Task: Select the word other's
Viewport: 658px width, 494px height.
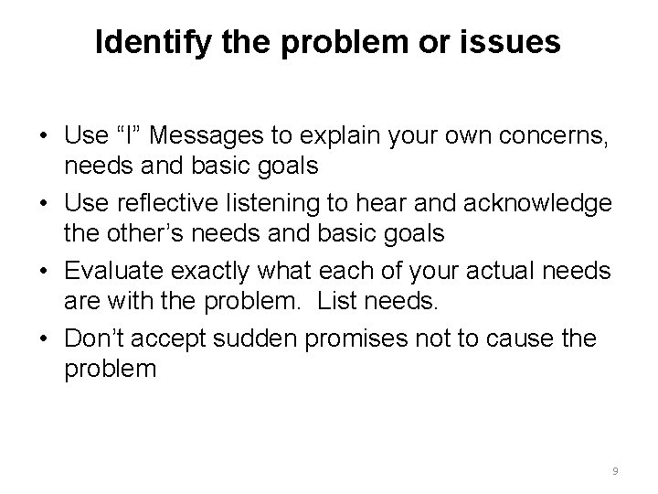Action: [x=133, y=233]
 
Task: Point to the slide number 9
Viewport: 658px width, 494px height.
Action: [x=615, y=470]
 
